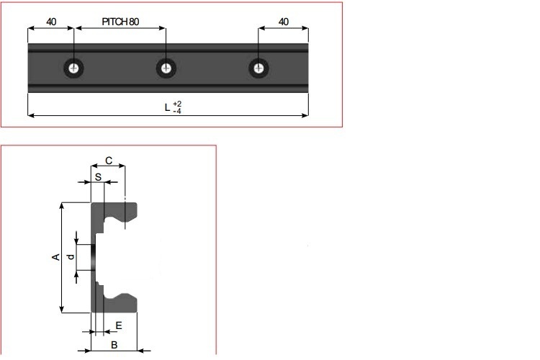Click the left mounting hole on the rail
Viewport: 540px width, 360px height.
(x=74, y=68)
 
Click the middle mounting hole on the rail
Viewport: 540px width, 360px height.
(x=167, y=68)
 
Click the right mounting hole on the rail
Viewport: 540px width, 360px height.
(x=258, y=68)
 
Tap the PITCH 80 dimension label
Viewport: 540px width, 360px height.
(x=120, y=22)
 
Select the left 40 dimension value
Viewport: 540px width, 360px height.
(x=51, y=22)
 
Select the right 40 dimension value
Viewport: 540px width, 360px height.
(x=284, y=22)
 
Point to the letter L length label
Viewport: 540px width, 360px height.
(x=167, y=108)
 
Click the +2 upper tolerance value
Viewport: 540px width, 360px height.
(x=177, y=104)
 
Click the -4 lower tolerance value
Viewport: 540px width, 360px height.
(x=177, y=112)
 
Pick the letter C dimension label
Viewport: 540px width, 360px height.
(x=108, y=161)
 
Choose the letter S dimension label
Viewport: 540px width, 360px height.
(x=98, y=176)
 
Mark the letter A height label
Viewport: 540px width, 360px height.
(x=55, y=258)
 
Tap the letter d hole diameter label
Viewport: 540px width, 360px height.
(x=70, y=257)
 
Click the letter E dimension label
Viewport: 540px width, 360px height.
(x=119, y=325)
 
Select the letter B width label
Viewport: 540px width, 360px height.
(x=114, y=346)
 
